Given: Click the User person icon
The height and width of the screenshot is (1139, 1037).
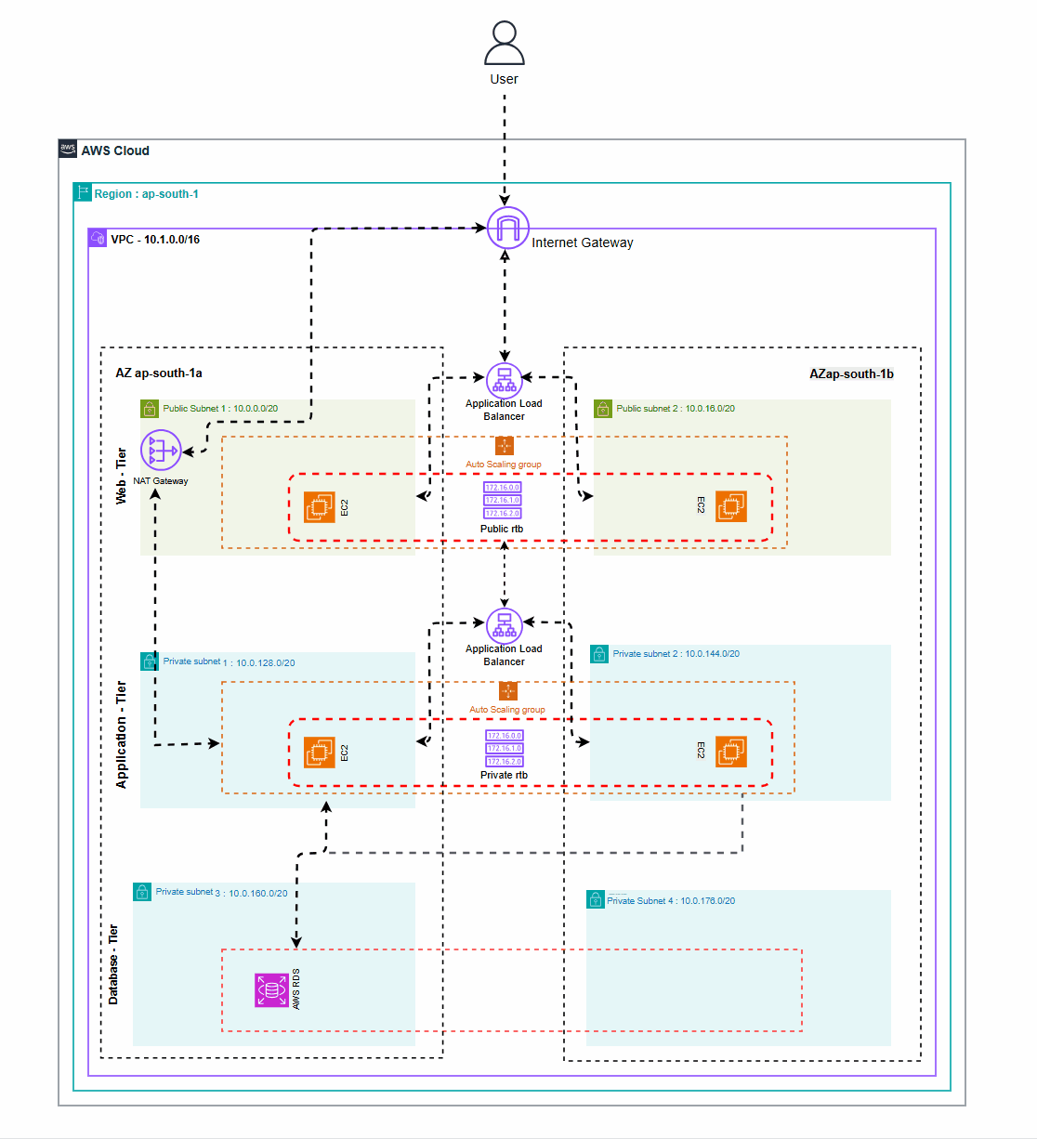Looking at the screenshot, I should [x=505, y=44].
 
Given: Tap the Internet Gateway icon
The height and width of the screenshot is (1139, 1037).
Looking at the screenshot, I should [x=508, y=229].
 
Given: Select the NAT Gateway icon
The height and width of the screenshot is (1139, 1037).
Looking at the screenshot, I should [x=161, y=452].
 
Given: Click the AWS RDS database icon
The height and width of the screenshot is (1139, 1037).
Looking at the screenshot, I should [x=272, y=990].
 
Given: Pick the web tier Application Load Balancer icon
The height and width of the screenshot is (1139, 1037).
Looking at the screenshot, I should [x=505, y=381].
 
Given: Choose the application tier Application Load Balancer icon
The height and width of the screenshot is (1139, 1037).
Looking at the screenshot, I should [x=505, y=625].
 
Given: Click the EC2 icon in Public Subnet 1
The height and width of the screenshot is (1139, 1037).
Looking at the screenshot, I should [x=320, y=507].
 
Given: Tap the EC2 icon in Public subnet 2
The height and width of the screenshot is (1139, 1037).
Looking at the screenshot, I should [x=731, y=506].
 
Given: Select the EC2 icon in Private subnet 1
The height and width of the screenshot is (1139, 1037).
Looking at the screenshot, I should [x=320, y=752].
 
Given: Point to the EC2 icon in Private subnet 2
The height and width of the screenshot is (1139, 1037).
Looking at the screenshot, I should [x=731, y=752].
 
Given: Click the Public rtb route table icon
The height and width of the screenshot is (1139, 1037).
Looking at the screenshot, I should [x=503, y=500].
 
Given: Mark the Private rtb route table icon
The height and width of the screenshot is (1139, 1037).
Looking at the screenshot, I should [x=505, y=748].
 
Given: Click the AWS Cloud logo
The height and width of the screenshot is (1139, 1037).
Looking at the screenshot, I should [x=68, y=150].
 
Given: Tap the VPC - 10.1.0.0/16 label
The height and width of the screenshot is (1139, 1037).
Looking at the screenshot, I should [x=154, y=240].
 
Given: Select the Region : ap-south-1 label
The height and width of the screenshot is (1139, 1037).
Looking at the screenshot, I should [x=146, y=194].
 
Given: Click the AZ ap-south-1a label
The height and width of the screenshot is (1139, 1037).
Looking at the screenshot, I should [x=159, y=373].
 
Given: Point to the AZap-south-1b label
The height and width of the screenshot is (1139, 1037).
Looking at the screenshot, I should [x=851, y=374].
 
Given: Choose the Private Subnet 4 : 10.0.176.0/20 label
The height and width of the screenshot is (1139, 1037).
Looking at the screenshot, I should [x=670, y=901].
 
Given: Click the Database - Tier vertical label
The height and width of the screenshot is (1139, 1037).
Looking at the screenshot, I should [x=113, y=964].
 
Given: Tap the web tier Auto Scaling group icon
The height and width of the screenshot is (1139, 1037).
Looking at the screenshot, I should [x=504, y=446].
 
